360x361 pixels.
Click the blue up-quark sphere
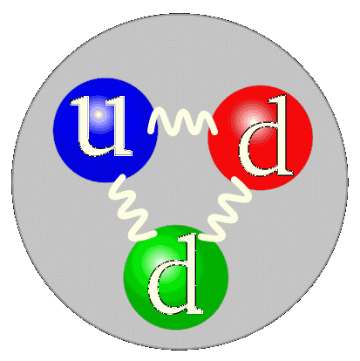pos(104,130)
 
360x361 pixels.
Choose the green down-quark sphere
pos(176,277)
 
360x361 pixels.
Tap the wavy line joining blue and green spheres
pos(131,208)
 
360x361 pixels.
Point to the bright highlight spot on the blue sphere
pos(98,115)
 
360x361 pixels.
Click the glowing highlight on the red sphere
pos(252,120)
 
